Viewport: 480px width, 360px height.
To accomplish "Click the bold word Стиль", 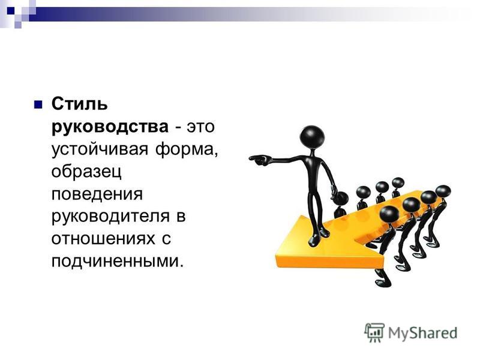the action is (x=80, y=104).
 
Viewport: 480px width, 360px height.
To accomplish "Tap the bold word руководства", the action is (x=110, y=127).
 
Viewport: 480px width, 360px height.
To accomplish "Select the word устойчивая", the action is (x=100, y=149).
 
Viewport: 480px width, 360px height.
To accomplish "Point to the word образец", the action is (x=86, y=172).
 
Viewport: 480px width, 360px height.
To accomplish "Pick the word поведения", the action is (x=97, y=194).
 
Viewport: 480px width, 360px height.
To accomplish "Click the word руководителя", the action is (x=110, y=217).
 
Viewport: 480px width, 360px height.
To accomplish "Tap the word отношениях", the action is (x=103, y=239).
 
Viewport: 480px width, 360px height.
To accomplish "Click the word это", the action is (x=201, y=127).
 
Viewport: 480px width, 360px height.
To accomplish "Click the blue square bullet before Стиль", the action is (x=38, y=104).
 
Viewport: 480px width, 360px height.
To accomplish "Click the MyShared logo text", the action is (x=423, y=333).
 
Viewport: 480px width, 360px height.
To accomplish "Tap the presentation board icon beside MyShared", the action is (x=374, y=332).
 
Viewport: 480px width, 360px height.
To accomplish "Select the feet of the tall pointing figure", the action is (x=319, y=237).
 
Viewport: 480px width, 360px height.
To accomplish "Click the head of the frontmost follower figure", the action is (x=389, y=215).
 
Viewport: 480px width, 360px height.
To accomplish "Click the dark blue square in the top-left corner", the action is (x=10, y=11).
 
